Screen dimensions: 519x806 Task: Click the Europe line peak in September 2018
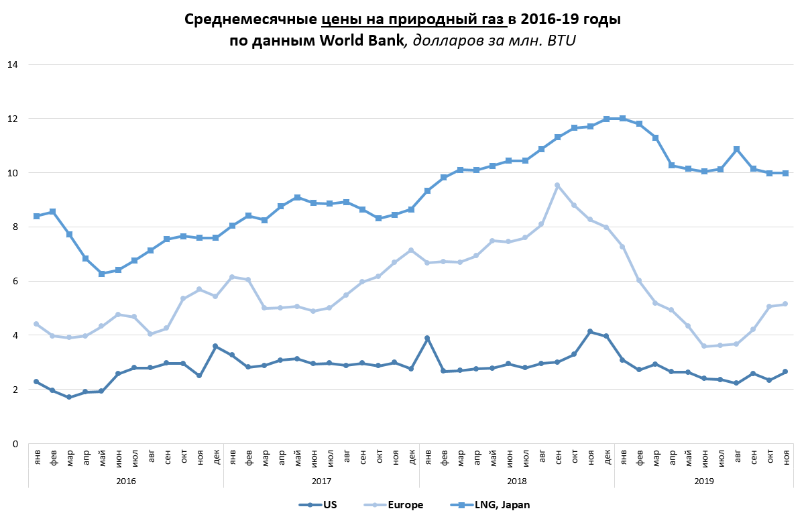557,185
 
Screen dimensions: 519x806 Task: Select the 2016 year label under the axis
126,481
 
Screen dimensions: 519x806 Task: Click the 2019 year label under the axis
704,481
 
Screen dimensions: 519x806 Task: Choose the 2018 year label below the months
516,481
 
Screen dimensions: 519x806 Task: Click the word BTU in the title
562,40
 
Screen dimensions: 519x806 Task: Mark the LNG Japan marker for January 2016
36,216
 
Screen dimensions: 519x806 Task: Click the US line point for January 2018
427,338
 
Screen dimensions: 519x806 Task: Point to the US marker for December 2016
215,346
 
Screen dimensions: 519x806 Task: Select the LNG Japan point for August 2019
737,149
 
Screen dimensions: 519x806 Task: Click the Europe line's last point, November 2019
785,304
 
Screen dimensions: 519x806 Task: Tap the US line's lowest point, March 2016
69,397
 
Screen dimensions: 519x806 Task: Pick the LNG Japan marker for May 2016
101,274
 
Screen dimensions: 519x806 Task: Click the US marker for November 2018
590,331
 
